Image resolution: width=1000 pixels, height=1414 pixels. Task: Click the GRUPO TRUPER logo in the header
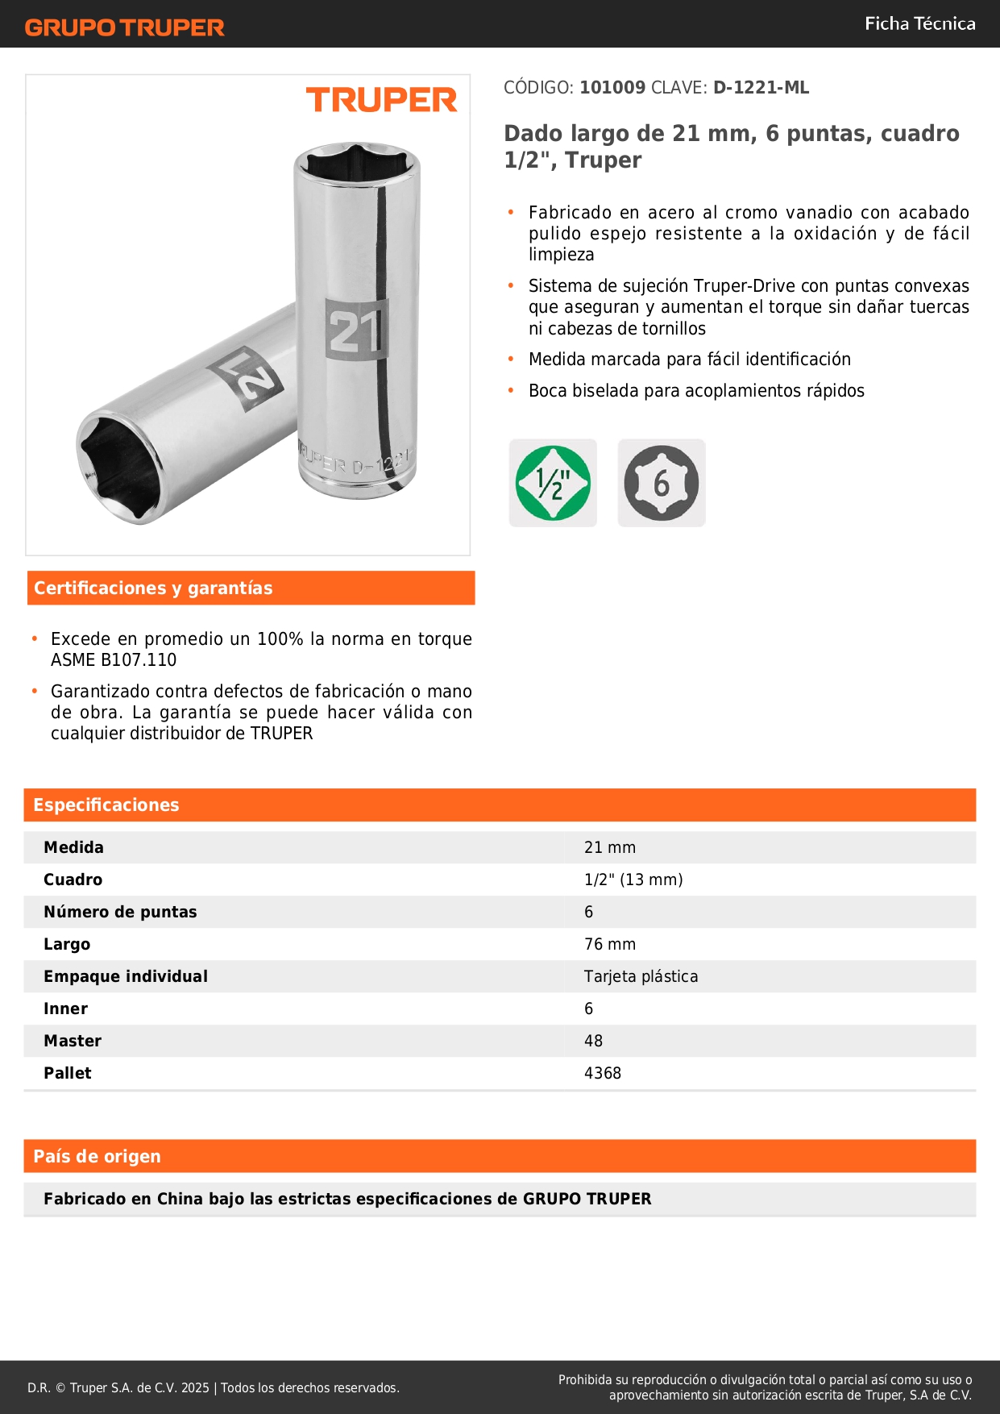[125, 27]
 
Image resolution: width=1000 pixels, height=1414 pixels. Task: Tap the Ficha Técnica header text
[919, 23]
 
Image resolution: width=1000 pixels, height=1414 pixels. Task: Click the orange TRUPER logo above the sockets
[381, 100]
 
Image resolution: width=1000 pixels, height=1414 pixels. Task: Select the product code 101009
[612, 88]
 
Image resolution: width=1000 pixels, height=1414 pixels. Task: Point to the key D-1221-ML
[761, 88]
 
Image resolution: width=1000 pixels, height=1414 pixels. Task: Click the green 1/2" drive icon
[553, 483]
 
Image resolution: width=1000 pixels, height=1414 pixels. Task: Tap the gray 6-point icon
[662, 483]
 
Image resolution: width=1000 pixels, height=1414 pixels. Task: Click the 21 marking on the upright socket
[356, 329]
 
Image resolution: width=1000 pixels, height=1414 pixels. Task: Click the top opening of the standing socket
[356, 164]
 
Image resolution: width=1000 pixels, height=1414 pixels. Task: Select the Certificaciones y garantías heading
[153, 588]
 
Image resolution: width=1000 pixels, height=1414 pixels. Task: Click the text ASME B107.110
[114, 660]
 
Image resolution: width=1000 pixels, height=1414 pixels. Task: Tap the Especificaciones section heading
[106, 805]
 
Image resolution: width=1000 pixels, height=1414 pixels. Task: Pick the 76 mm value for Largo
[610, 944]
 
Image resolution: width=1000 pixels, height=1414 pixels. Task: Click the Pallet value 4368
[603, 1073]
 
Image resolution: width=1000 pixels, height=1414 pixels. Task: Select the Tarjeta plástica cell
[641, 976]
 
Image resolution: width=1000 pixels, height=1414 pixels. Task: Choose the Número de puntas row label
[120, 912]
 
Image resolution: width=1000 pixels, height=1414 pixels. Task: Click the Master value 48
[594, 1041]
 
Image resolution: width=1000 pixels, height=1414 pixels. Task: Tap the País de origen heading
[98, 1157]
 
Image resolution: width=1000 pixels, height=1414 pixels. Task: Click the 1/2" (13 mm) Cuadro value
[633, 880]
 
